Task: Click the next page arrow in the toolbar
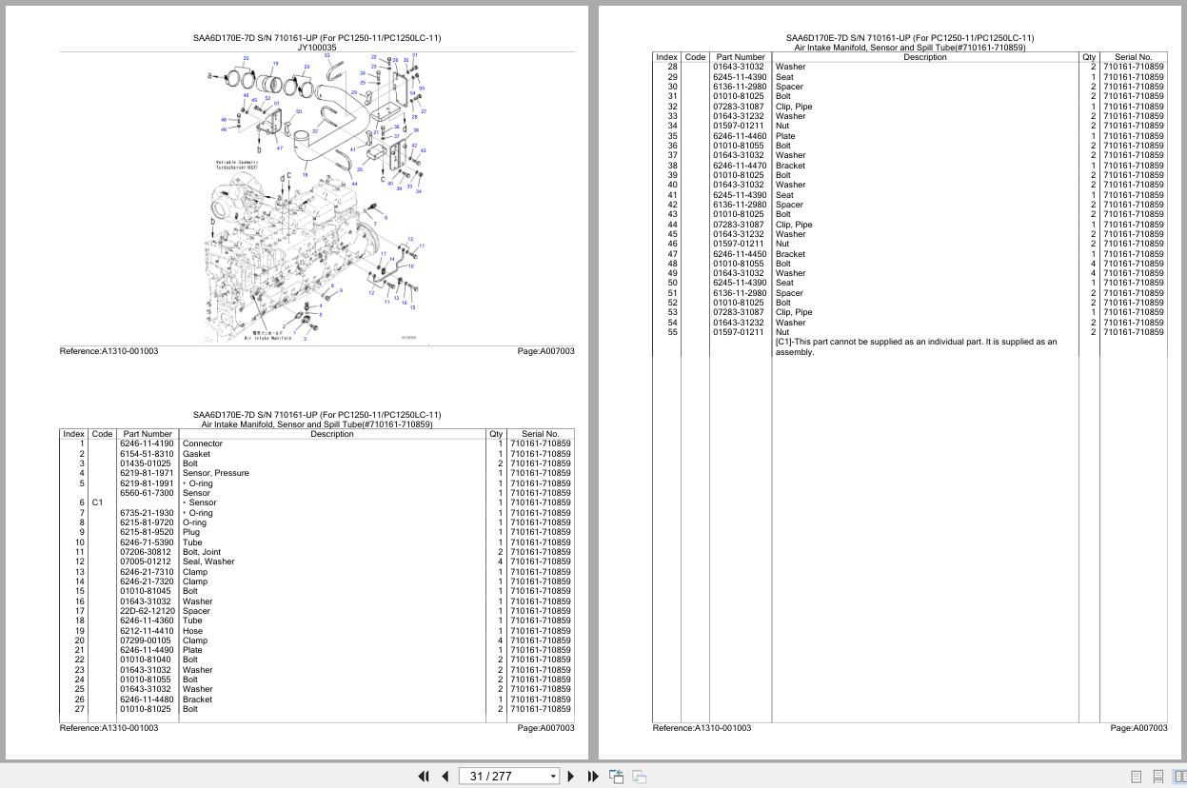[570, 777]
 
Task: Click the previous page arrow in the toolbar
[445, 777]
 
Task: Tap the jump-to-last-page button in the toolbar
[592, 777]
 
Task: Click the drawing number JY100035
[317, 48]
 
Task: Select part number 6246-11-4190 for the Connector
[147, 444]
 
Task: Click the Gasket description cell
[196, 454]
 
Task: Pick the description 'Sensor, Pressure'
[215, 473]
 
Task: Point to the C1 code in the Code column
[97, 502]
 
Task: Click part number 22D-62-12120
[148, 611]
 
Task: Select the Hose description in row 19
[192, 631]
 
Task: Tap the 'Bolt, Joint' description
[201, 552]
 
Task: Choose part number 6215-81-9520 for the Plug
[147, 532]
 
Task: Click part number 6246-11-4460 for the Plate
[740, 136]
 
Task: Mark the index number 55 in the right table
[672, 332]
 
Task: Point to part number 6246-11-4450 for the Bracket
[740, 254]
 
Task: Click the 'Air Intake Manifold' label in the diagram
[267, 338]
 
